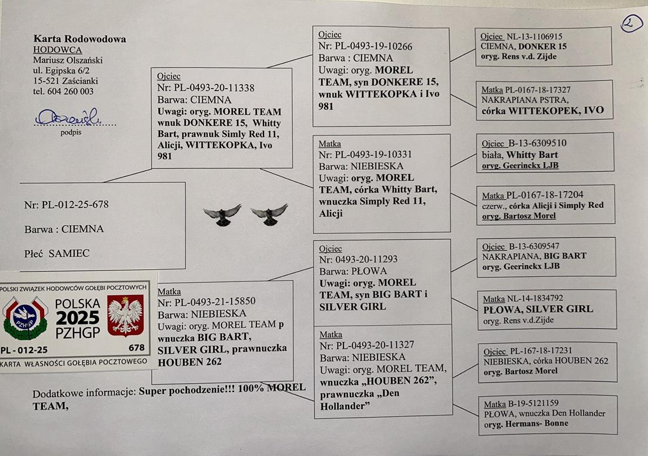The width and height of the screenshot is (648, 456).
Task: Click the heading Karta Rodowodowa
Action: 80,39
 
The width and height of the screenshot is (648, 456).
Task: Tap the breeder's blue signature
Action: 68,117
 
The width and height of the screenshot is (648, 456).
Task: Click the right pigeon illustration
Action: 269,214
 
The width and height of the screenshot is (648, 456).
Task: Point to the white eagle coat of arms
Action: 125,315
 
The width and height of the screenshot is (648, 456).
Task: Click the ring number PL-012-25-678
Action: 75,204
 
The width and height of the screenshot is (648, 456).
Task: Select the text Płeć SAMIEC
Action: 56,253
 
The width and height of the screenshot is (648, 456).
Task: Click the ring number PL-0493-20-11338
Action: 213,88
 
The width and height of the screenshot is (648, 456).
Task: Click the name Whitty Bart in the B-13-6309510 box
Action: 532,155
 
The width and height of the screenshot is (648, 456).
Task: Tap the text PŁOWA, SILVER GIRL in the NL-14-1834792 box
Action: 537,309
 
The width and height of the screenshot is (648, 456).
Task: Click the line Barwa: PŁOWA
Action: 353,271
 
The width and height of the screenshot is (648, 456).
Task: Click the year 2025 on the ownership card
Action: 78,318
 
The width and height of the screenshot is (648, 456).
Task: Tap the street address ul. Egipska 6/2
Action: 62,71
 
